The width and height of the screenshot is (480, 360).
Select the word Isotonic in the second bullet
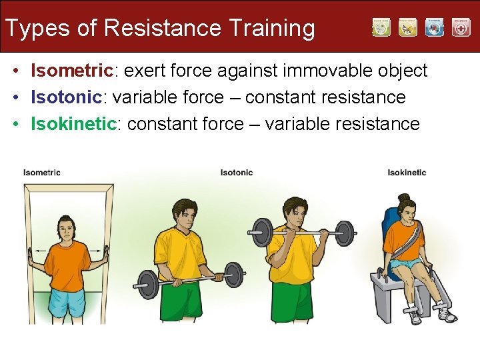point(65,97)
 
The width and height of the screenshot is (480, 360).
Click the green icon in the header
point(381,27)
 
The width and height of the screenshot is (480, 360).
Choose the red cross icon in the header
point(461,27)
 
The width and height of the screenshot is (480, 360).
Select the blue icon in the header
point(434,27)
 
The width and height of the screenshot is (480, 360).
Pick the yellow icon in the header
point(407,27)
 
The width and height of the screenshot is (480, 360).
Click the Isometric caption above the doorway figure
point(42,173)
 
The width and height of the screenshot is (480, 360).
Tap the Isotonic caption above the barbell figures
point(237,173)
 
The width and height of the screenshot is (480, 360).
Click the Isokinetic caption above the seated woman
point(407,173)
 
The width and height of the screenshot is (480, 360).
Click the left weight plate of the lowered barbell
point(147,284)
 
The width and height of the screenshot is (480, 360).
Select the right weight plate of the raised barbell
point(344,233)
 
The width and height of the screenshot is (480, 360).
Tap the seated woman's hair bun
point(403,198)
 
